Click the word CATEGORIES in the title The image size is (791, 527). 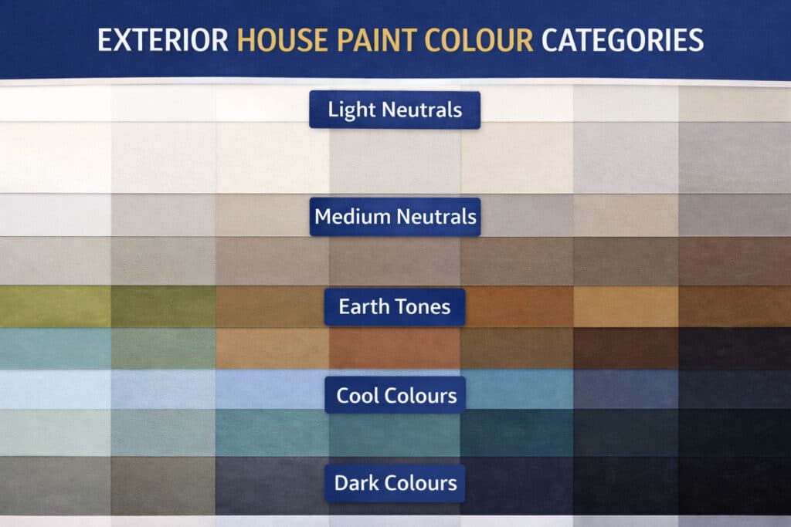pos(622,39)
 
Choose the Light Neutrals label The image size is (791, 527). pos(395,110)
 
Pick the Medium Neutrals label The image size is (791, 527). pos(395,216)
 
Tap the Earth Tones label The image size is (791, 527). pos(394,306)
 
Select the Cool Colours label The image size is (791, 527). pos(395,396)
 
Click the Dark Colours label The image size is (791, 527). pos(395,484)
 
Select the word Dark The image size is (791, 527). pos(354,484)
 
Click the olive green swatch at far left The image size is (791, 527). pos(54,306)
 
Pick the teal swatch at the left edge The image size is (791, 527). pos(54,349)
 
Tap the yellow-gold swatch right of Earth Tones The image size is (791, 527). pos(626,306)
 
